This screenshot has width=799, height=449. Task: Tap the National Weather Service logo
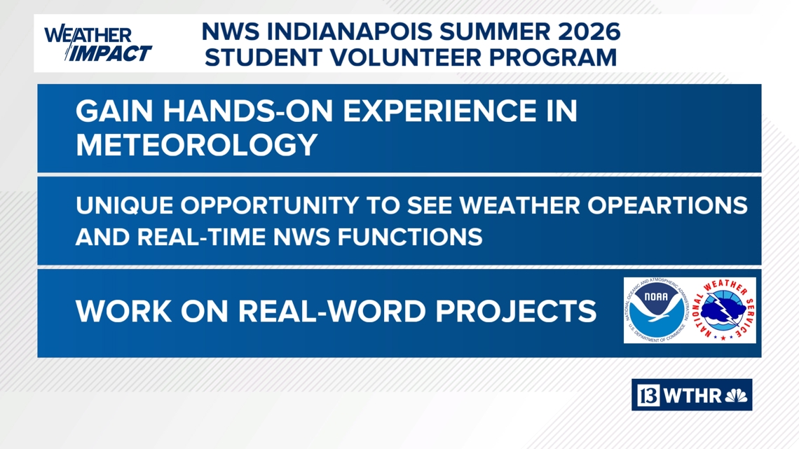[x=724, y=310]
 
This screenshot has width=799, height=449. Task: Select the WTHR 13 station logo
[x=692, y=395]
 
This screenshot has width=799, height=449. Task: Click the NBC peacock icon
[x=737, y=396]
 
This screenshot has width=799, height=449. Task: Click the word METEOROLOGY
[x=197, y=145]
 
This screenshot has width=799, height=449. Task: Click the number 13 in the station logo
[x=648, y=396]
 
